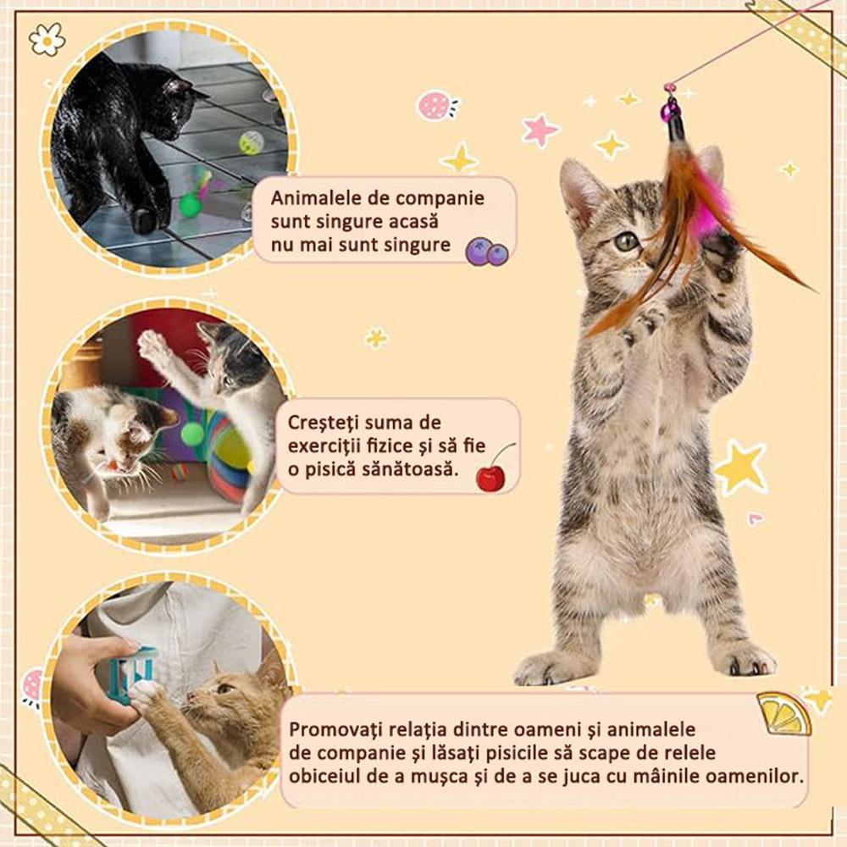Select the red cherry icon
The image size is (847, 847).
coord(490,478)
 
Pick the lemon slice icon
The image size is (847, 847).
coord(783,714)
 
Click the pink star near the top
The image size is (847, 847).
coord(540,130)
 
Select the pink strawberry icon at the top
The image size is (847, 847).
coord(435,106)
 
